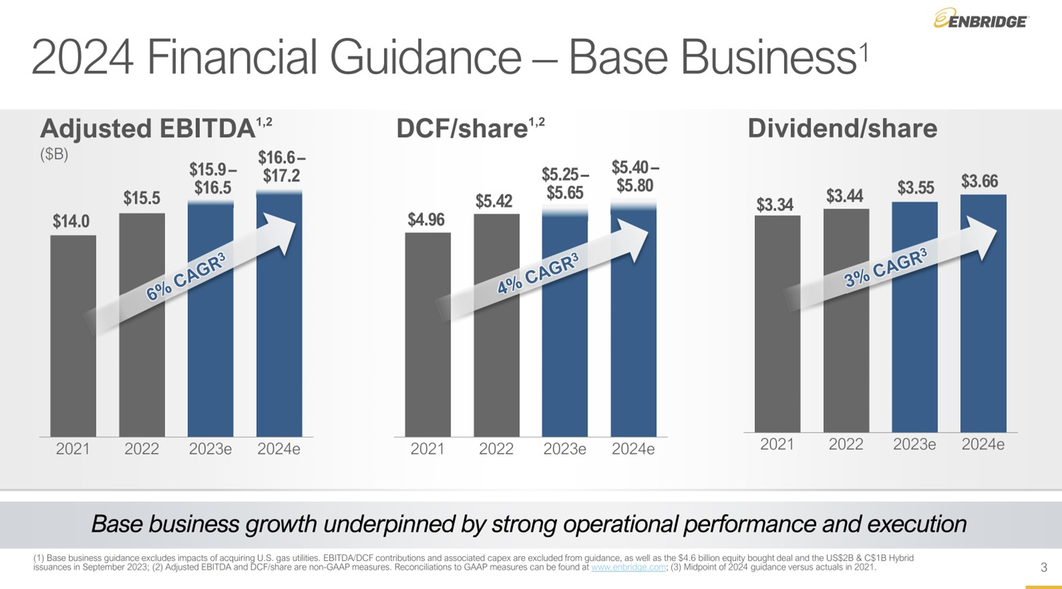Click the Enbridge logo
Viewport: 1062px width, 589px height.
[x=980, y=20]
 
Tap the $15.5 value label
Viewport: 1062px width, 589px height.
[x=142, y=198]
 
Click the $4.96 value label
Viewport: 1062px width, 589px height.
[x=426, y=220]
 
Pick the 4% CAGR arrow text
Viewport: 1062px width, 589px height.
[x=538, y=273]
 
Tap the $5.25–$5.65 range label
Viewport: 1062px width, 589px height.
[x=565, y=184]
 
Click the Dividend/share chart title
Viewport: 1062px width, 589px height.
[x=842, y=129]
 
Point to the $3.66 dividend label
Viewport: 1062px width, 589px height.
[x=979, y=181]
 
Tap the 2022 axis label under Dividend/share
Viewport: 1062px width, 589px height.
[x=846, y=444]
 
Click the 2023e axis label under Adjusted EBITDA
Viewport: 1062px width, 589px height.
[x=210, y=449]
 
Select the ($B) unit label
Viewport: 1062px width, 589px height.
[x=54, y=154]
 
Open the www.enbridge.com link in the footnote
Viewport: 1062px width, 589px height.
[x=628, y=567]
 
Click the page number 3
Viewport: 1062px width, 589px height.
[x=1044, y=567]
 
